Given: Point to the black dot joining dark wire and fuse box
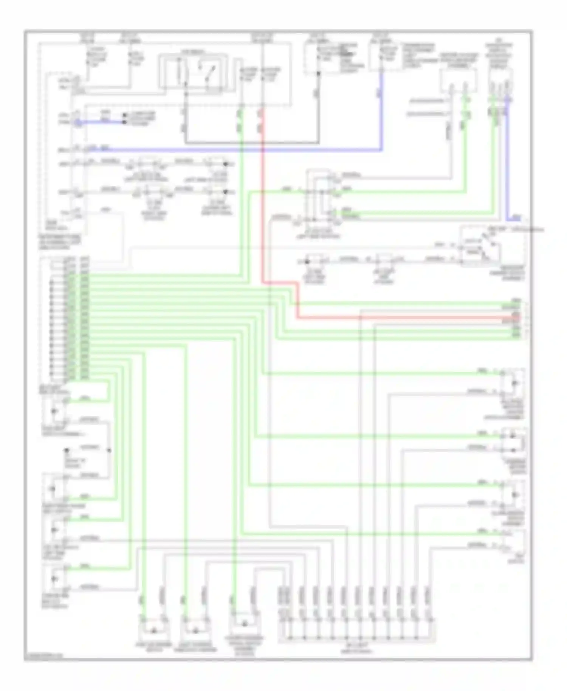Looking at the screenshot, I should point(318,73).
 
